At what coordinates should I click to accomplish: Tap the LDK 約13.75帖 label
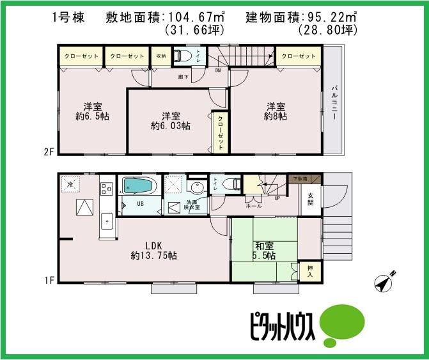154,251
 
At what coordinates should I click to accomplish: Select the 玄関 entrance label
311,199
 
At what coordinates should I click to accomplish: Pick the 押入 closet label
310,272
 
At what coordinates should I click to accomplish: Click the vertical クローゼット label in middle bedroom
221,132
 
